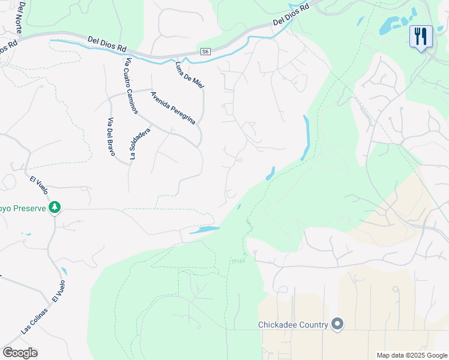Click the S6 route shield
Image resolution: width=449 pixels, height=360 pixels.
pos(206,52)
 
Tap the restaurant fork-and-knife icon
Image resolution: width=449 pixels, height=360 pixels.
pos(421,37)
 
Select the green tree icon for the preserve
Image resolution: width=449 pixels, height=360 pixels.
pos(55,207)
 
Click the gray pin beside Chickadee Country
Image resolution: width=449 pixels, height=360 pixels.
pos(337,325)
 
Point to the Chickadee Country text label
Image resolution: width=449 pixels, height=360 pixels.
pos(293,325)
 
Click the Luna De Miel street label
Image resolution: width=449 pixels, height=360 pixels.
pos(190,76)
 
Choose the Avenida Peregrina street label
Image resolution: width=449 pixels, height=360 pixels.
pos(173,108)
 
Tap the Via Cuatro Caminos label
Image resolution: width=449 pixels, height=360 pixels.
pos(131,86)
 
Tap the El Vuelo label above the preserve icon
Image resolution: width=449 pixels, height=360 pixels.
pos(37,185)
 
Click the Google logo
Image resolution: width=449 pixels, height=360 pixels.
pos(20,353)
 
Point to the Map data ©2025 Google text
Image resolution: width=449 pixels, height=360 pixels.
pos(411,355)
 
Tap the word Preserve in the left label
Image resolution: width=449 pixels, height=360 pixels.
pos(25,208)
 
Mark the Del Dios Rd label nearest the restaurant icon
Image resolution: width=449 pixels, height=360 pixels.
pos(291,14)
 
